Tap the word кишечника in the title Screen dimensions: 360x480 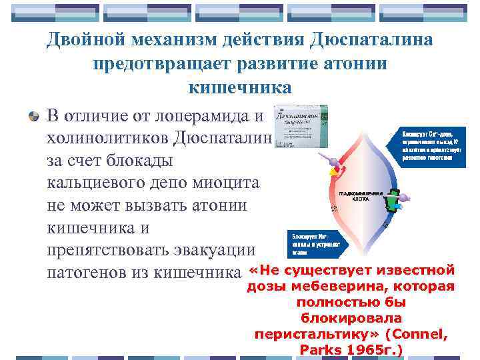tap(240, 87)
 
